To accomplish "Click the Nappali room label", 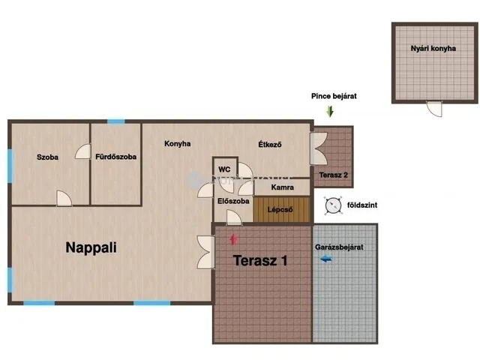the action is click(x=91, y=247).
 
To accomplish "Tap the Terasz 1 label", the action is click(x=260, y=260).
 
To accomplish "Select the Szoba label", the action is click(x=47, y=157).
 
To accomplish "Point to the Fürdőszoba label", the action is click(x=115, y=157).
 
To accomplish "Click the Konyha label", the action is click(x=178, y=143).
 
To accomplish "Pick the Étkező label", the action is click(x=270, y=144).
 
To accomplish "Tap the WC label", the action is click(x=224, y=169).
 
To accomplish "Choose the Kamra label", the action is click(x=282, y=187).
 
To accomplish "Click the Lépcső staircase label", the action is click(x=280, y=210).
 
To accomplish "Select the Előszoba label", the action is click(x=233, y=201).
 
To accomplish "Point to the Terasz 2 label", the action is click(x=333, y=175).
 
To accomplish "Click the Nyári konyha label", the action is click(x=433, y=48).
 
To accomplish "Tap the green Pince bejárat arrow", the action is click(x=330, y=112).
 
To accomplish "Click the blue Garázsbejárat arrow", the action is click(x=326, y=259).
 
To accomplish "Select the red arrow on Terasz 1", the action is click(x=233, y=239).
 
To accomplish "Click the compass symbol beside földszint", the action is click(x=333, y=205).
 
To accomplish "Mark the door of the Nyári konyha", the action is click(x=434, y=109).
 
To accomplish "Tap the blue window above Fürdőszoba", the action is click(x=116, y=121).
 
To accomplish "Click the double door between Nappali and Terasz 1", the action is click(x=206, y=252).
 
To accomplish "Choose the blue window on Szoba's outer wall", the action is click(x=10, y=166).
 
